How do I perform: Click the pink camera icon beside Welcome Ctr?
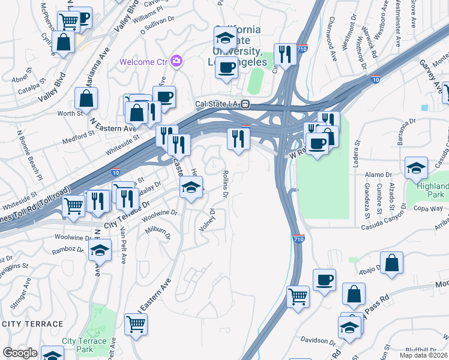pyautogui.click(x=176, y=61)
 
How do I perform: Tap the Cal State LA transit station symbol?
pyautogui.click(x=246, y=104)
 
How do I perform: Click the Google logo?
pyautogui.click(x=20, y=353)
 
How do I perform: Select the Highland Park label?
pyautogui.click(x=432, y=191)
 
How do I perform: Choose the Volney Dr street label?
pyautogui.click(x=208, y=220)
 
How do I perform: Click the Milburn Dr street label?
pyautogui.click(x=155, y=230)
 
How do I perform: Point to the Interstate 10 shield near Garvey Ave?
pyautogui.click(x=376, y=78)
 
